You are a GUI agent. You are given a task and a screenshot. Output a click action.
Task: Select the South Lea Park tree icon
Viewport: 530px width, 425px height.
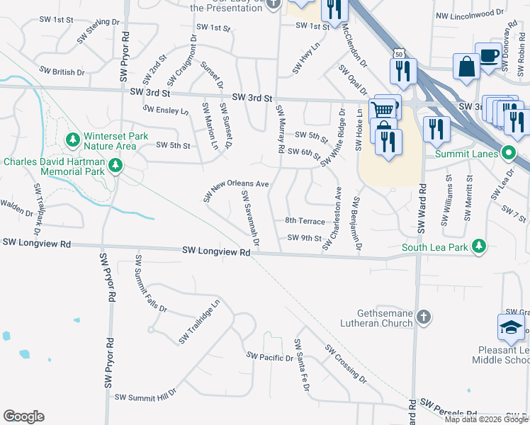[x=480, y=246]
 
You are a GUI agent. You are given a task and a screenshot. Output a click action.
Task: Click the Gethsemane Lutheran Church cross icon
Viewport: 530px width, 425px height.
[x=423, y=317]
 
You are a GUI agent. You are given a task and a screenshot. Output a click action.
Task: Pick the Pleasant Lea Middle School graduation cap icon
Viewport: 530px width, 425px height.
[x=511, y=327]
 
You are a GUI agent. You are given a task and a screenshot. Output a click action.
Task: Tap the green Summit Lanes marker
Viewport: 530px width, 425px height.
[x=508, y=152]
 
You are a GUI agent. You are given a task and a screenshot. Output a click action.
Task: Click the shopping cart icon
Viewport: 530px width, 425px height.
[x=383, y=108]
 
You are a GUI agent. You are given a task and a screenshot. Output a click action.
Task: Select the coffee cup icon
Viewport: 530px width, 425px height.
[x=489, y=56]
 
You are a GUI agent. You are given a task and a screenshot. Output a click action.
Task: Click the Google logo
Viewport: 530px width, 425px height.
[x=23, y=416]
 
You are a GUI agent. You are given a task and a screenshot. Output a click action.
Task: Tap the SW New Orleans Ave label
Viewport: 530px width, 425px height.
[x=237, y=188]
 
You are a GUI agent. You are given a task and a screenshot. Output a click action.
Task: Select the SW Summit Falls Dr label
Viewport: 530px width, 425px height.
[x=150, y=283]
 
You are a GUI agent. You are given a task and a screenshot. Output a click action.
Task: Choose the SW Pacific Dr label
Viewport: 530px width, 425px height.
[x=269, y=358]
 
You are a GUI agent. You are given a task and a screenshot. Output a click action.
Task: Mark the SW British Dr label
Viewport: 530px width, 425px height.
[x=62, y=72]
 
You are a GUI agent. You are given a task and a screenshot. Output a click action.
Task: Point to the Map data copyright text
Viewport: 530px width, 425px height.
[x=485, y=419]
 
